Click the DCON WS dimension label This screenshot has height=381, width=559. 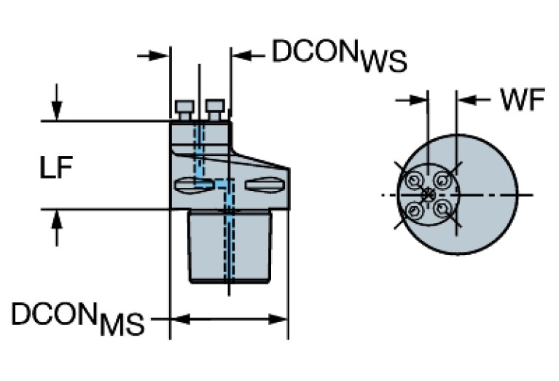(339, 55)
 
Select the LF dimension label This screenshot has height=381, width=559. (55, 169)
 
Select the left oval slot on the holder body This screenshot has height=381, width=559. (194, 184)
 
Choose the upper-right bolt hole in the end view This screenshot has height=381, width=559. (442, 178)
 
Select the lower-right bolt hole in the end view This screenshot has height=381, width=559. (442, 208)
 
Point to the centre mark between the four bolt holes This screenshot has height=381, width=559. (429, 195)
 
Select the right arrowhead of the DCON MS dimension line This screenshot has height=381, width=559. (281, 319)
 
